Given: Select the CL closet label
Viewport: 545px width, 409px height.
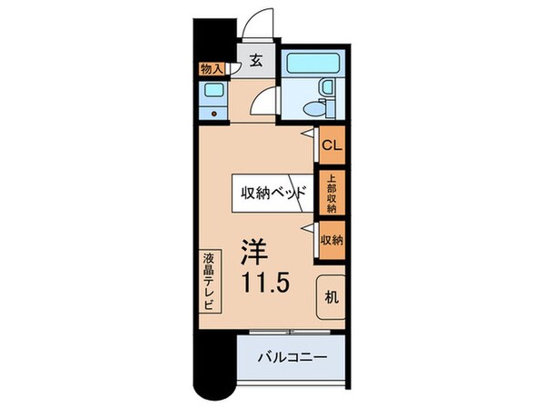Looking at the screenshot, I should pos(331,143).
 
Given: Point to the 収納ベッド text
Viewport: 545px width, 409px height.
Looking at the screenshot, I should pos(272,193).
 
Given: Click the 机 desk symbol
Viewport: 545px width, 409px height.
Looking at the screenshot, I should pos(332,296).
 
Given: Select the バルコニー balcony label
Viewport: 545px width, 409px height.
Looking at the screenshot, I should pos(293,356).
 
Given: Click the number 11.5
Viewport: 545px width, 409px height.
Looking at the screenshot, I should pos(264,283).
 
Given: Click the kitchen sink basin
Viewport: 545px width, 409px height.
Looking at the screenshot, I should pos(214,91).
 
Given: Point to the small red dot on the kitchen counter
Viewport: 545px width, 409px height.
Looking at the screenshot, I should pos(214,114).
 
